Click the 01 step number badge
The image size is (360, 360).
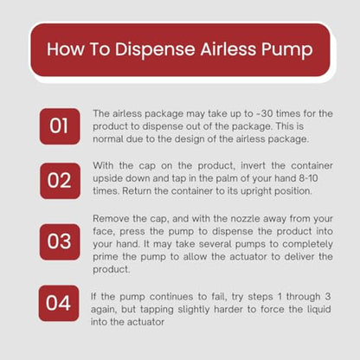(60, 126)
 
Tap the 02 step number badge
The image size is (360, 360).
(60, 181)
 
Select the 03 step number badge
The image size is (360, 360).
(60, 241)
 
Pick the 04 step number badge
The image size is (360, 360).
(59, 303)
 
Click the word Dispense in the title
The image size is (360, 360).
(155, 49)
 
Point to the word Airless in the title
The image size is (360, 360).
(228, 48)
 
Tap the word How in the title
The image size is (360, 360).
(66, 48)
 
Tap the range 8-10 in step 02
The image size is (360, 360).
(308, 178)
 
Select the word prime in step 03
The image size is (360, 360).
(106, 257)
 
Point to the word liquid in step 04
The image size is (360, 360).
(318, 310)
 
